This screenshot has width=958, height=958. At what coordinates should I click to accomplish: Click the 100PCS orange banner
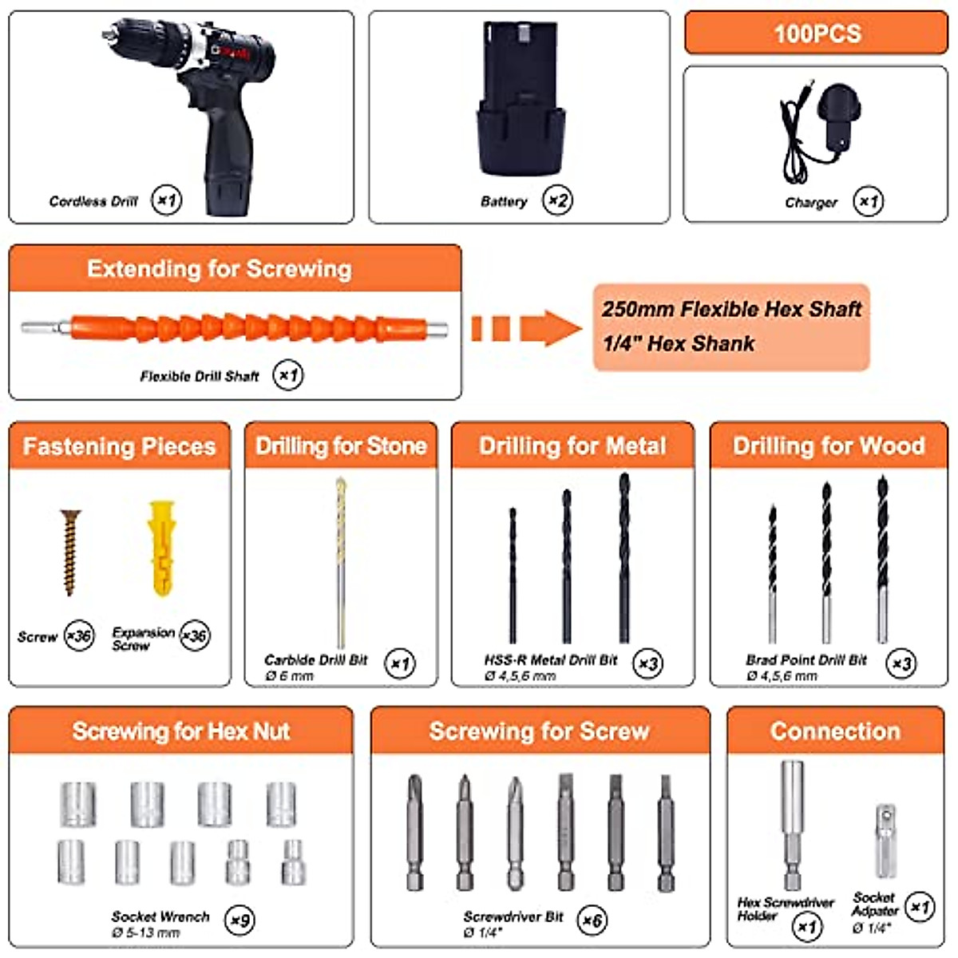[x=816, y=33]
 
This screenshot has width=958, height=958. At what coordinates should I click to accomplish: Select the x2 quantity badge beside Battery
[x=557, y=200]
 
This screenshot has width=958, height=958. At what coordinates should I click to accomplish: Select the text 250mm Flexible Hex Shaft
[x=731, y=309]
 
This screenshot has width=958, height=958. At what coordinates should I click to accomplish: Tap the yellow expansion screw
[x=160, y=547]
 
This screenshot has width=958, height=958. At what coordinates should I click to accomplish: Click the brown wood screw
[x=70, y=552]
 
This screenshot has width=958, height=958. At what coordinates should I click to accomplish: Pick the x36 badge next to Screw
[x=78, y=635]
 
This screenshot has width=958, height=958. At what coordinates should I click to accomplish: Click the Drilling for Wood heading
[x=829, y=445]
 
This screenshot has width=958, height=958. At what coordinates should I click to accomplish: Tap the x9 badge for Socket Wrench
[x=239, y=920]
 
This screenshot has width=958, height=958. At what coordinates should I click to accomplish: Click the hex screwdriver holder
[x=792, y=822]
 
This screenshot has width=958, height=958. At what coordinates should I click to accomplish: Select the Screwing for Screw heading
[x=540, y=730]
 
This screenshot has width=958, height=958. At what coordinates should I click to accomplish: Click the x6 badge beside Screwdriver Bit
[x=592, y=920]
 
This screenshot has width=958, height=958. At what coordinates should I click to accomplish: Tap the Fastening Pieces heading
[x=120, y=445]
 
